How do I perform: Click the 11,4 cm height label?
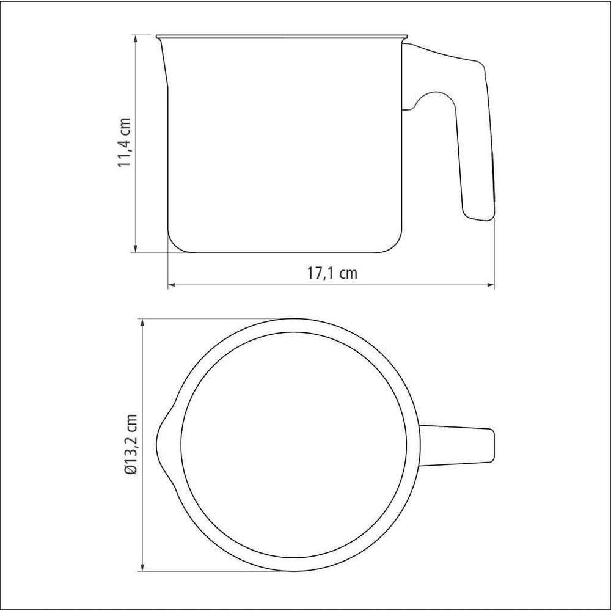[125, 142]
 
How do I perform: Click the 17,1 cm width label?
[332, 273]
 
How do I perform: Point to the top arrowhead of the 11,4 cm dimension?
[136, 40]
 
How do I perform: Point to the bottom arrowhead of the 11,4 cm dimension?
[136, 247]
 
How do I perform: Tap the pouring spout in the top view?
[164, 445]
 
